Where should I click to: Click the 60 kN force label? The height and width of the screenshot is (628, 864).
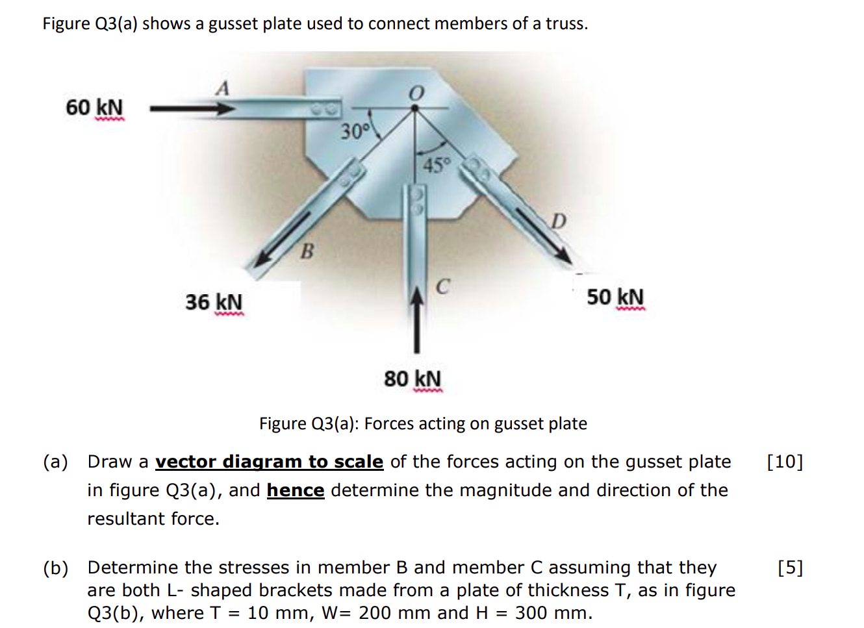pos(94,107)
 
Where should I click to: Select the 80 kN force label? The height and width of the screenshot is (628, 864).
pos(413,379)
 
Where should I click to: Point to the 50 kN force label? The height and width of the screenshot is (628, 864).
pos(616,297)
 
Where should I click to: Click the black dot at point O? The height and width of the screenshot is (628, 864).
pos(415,108)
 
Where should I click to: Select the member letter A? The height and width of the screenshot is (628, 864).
pos(222,88)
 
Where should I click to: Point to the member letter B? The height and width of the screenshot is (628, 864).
pos(307,252)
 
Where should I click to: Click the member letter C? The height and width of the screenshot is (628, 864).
pos(443,286)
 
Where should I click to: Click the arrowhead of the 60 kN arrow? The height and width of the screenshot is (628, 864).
pos(225,108)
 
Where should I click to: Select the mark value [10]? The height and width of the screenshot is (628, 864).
pos(785,462)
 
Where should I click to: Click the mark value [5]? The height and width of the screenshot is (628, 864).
pos(791,568)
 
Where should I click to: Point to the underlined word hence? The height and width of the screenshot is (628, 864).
pos(296,490)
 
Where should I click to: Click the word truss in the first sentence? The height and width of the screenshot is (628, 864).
pos(566,24)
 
